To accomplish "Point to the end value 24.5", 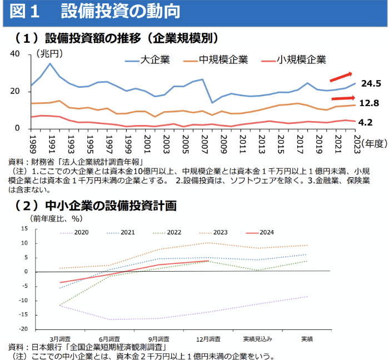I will (370, 84).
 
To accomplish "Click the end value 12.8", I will (370, 103).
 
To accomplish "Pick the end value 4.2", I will (368, 122).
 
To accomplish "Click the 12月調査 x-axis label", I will (208, 338).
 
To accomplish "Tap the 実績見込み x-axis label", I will (257, 338).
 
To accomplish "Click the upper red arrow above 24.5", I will (341, 77).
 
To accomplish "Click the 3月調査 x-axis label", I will (60, 338).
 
